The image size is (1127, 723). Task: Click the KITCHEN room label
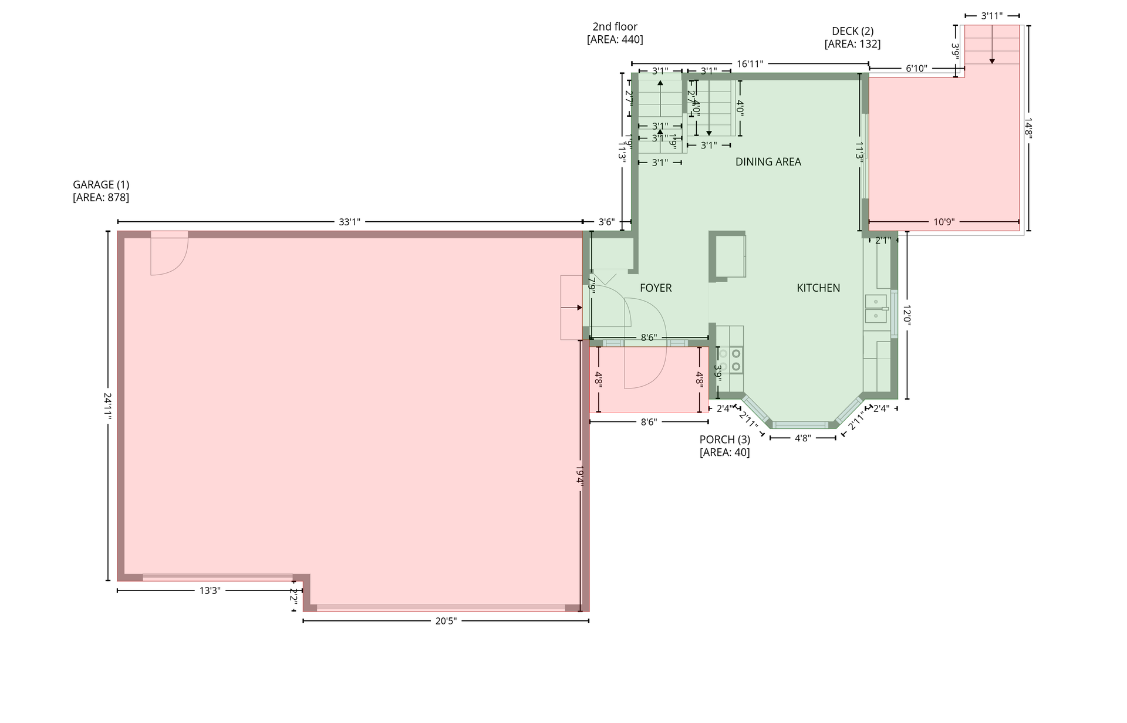(818, 288)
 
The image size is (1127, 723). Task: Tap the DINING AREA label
(768, 162)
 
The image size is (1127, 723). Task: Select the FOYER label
(656, 288)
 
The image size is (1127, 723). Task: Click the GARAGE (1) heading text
(101, 185)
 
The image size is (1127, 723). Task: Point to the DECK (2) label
(852, 31)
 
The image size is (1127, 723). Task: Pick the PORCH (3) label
(724, 440)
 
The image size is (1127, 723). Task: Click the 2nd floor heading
(615, 26)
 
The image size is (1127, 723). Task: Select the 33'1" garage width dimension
(349, 222)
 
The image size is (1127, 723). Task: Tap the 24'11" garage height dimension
(107, 406)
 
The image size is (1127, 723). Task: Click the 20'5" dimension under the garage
(446, 621)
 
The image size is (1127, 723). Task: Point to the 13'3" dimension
(210, 590)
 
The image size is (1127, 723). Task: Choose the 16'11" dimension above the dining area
(750, 64)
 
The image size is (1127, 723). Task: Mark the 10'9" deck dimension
(944, 222)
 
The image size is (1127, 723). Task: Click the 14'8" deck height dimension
(1028, 128)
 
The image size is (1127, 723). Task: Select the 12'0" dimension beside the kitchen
(907, 315)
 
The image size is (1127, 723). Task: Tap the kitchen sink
(876, 309)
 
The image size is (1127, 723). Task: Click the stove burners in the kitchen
(730, 360)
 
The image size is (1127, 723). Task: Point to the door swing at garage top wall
(169, 254)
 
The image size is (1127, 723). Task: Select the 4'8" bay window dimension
(802, 438)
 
